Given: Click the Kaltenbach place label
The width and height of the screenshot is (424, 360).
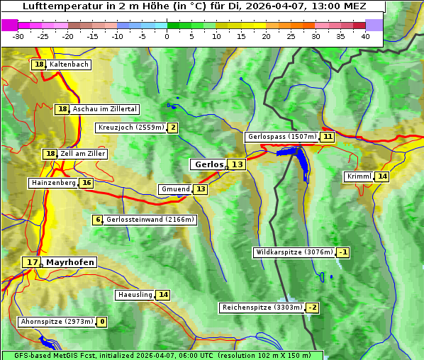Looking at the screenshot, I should pyautogui.click(x=69, y=64).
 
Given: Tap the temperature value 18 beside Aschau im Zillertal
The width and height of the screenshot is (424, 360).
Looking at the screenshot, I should pyautogui.click(x=62, y=109).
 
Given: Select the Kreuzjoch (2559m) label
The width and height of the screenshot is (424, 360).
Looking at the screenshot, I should pyautogui.click(x=130, y=128).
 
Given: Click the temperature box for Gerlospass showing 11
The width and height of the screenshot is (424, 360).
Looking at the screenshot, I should pyautogui.click(x=327, y=137).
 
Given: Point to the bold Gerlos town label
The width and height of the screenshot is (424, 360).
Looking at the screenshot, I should pyautogui.click(x=208, y=164).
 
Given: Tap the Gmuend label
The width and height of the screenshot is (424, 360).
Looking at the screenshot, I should pyautogui.click(x=175, y=189).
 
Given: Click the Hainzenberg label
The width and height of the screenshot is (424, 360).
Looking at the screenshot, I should pyautogui.click(x=53, y=183).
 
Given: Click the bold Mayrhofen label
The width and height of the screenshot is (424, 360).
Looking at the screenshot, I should pyautogui.click(x=69, y=262).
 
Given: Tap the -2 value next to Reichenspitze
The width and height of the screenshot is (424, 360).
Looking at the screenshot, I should pyautogui.click(x=312, y=308).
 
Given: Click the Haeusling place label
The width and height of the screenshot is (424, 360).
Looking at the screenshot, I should pyautogui.click(x=134, y=295).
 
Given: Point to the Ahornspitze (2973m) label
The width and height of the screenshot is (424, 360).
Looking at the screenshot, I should pyautogui.click(x=57, y=322).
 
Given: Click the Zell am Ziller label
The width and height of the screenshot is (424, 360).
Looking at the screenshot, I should pyautogui.click(x=83, y=154).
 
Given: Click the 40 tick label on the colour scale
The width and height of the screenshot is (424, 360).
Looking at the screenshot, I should pyautogui.click(x=365, y=36).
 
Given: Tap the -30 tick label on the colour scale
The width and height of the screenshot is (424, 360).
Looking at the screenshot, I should pyautogui.click(x=18, y=36).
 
